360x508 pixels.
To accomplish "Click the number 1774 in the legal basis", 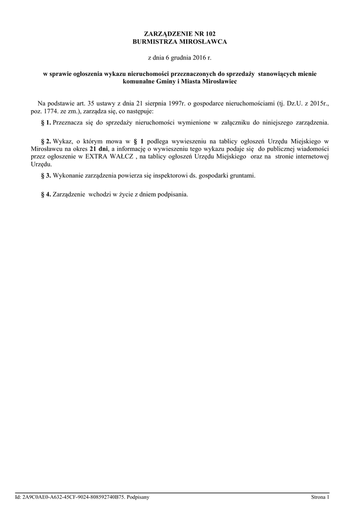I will [50, 111].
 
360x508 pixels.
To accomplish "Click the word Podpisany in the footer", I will [139, 497].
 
